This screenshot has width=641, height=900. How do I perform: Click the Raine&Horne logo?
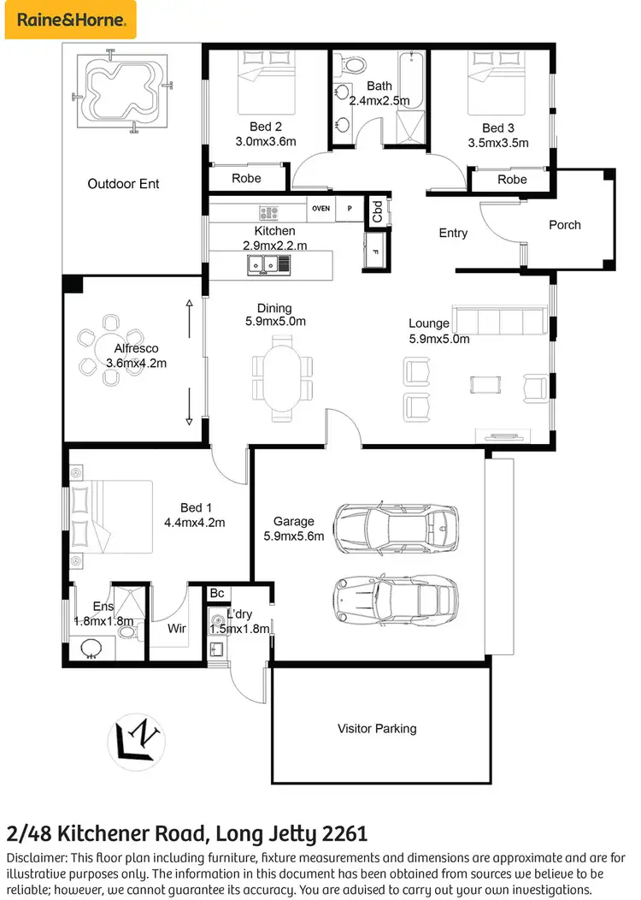point(68,19)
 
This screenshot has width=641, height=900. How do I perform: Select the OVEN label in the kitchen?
point(320,208)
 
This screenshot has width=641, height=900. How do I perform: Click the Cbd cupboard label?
point(377,211)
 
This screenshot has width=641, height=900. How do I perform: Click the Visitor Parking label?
point(377,728)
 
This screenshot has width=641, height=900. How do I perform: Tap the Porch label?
point(564,225)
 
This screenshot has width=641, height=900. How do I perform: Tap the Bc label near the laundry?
point(217,594)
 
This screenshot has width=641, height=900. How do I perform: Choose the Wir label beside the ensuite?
point(177,628)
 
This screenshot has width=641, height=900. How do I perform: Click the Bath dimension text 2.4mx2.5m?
point(379,100)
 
